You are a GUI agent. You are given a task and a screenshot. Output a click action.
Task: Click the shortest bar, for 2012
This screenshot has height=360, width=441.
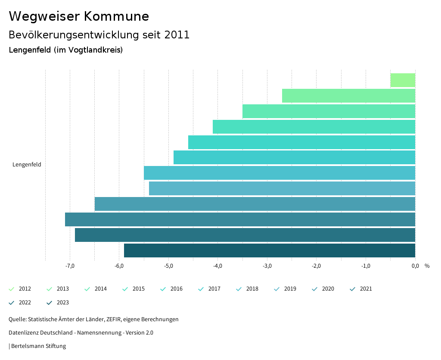click(403, 80)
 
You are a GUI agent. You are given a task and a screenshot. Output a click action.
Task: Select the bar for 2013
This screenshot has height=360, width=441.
click(348, 96)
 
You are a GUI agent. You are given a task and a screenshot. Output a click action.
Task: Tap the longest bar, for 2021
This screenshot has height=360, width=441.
click(240, 219)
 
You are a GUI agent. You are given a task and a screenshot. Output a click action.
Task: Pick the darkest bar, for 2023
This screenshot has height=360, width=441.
click(269, 250)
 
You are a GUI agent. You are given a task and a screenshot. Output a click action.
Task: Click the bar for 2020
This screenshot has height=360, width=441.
click(255, 204)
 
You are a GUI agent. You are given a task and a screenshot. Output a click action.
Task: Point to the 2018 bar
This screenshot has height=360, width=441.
click(279, 173)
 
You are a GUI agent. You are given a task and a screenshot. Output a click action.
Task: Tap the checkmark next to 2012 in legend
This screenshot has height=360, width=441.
click(12, 289)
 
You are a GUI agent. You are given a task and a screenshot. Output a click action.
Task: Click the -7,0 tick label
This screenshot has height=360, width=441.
click(70, 266)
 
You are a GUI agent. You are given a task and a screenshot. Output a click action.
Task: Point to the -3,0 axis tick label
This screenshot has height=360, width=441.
click(267, 266)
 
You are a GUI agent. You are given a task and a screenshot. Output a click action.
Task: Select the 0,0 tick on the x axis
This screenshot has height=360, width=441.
click(415, 266)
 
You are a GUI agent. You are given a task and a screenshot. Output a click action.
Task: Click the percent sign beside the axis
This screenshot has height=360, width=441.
click(427, 266)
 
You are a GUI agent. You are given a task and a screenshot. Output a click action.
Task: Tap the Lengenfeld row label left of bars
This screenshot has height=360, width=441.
click(27, 164)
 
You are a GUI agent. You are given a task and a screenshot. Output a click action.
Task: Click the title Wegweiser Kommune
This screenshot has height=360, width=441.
click(79, 16)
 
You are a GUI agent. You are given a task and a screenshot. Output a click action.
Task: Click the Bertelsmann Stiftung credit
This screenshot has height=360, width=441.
click(38, 346)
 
